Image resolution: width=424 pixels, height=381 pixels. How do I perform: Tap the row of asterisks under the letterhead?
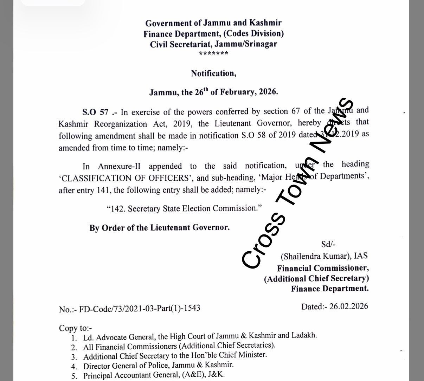[213, 54]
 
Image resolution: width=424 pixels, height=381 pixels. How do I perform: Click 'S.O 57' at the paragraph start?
[95, 112]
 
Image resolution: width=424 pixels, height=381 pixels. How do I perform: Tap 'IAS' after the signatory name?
[360, 256]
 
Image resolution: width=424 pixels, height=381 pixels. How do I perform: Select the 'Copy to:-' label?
[75, 328]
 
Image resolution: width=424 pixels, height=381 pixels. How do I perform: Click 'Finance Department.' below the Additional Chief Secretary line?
[330, 289]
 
